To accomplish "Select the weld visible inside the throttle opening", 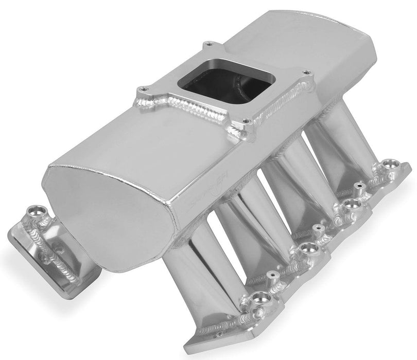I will coord(242,82).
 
